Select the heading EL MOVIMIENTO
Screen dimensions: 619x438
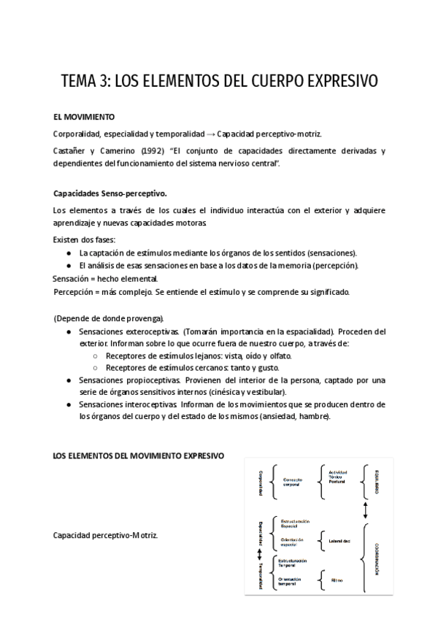[83, 117]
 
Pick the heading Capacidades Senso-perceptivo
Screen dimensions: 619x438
[110, 193]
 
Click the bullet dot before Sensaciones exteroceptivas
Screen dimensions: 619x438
[68, 331]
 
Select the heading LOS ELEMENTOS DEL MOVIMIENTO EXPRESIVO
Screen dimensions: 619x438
[139, 456]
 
